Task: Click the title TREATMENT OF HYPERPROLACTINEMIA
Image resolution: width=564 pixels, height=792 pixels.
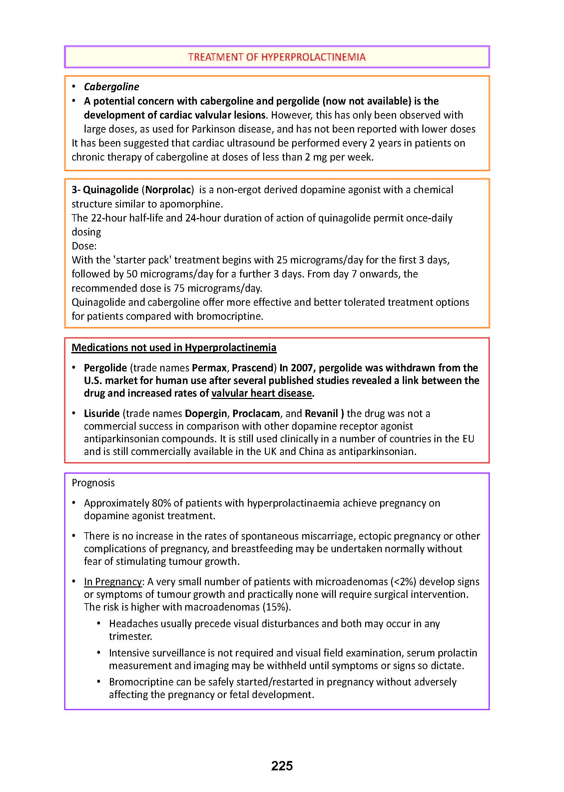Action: pos(277,57)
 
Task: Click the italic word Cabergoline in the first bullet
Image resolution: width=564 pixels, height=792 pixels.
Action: pos(111,87)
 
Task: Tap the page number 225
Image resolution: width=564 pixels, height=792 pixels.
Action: pos(282,766)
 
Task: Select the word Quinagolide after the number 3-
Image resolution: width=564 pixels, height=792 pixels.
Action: pos(111,190)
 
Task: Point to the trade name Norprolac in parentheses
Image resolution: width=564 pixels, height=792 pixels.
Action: pos(168,190)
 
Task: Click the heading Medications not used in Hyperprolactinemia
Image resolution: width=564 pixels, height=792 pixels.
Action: pos(174,347)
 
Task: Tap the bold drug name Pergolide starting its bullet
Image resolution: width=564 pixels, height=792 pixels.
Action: pos(105,367)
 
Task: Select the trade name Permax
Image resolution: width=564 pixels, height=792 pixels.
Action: pos(210,367)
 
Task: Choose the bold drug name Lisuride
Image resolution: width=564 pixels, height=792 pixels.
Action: pos(101,413)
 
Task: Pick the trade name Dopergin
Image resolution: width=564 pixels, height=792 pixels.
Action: pos(206,413)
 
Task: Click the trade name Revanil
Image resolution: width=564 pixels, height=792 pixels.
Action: pos(321,413)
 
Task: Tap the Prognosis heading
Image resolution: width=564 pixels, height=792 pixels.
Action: pos(93,483)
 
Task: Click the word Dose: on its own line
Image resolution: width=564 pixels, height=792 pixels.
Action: pos(84,246)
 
